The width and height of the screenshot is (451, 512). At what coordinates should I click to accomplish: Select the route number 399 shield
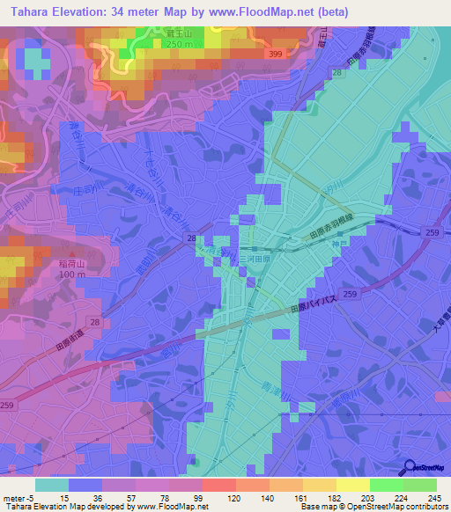tap(276, 54)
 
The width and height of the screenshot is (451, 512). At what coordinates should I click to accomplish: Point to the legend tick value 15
tap(64, 497)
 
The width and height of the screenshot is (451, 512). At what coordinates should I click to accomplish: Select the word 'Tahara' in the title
tap(33, 12)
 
